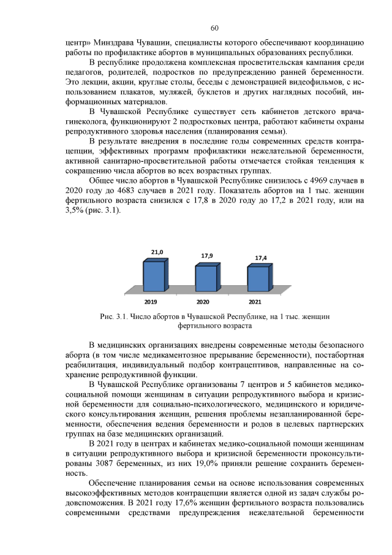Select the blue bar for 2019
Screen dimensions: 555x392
pos(154,277)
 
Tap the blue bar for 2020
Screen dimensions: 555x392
pos(206,279)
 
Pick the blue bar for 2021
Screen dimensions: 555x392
pos(258,280)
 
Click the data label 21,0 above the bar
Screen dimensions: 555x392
pos(157,252)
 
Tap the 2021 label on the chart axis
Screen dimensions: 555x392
pos(255,302)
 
